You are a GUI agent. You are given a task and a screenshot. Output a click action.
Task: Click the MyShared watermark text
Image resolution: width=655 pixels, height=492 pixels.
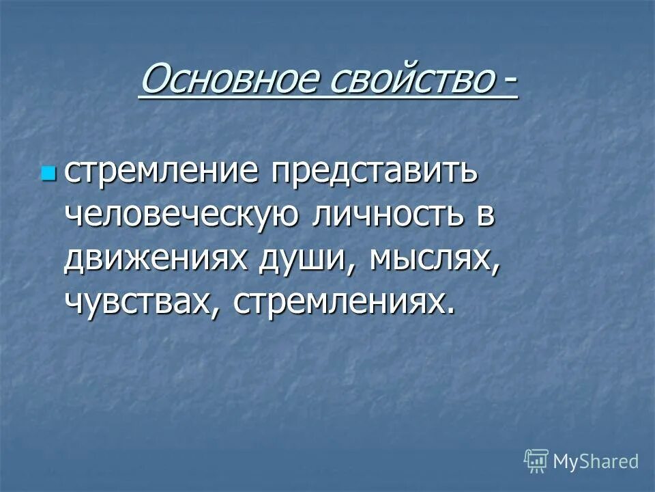tap(596, 461)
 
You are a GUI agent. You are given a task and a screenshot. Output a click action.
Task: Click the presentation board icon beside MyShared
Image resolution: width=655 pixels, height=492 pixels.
tap(536, 461)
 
